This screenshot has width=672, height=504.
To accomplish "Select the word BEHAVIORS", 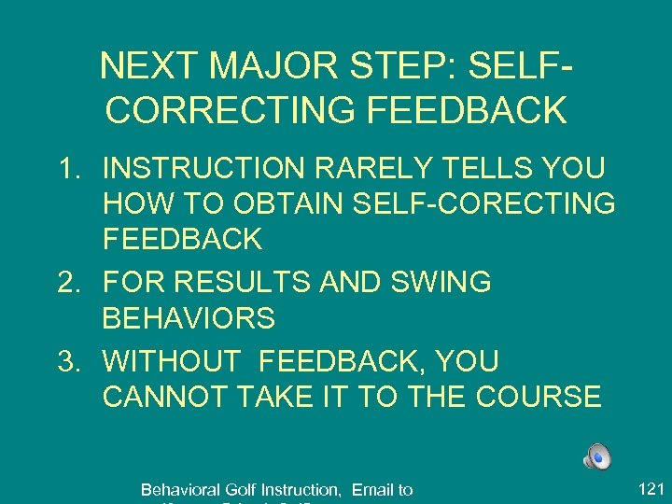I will point(189,318).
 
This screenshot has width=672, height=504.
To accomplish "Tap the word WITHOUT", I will point(175,360).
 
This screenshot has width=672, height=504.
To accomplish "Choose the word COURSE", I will point(539,397).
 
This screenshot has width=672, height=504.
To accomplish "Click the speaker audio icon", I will point(596,456).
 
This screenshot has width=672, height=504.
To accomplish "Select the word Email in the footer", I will point(371,489).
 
